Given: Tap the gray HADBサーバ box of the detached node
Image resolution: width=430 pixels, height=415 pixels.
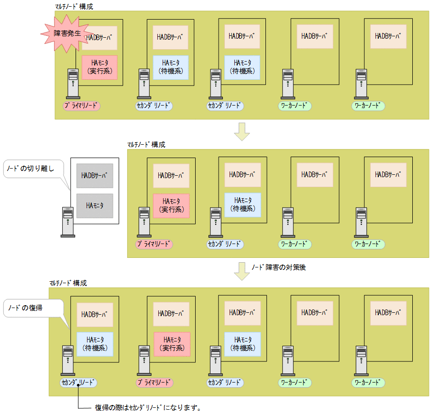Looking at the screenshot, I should (95, 175).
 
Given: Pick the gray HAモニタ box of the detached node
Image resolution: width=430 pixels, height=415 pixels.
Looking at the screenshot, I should (95, 205).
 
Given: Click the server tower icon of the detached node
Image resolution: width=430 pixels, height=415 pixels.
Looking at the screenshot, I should (67, 222).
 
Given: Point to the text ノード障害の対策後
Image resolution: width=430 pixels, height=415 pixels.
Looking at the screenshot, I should (278, 267).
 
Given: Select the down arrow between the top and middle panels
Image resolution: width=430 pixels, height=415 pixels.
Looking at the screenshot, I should (242, 132).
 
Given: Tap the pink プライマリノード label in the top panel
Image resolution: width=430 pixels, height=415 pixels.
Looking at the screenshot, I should (81, 106).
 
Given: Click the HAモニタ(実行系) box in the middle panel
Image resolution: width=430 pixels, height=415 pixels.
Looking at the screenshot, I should (171, 206).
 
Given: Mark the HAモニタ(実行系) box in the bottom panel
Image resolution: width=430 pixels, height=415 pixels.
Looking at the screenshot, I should (172, 344).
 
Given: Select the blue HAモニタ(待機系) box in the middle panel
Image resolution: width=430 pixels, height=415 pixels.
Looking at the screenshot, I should (243, 205).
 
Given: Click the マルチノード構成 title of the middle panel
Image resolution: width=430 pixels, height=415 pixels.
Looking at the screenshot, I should (146, 145).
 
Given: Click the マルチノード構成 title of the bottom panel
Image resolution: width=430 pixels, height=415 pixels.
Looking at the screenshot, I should (67, 283).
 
